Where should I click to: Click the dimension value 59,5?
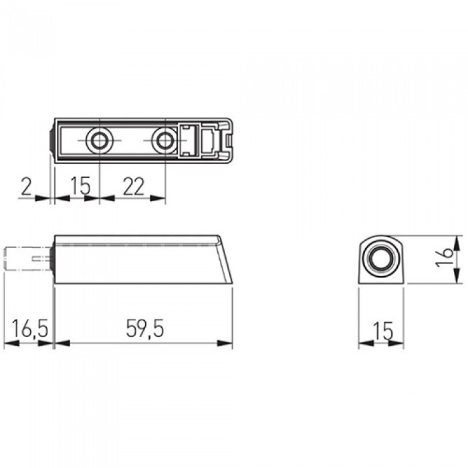[145, 329]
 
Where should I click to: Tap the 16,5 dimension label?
[30, 329]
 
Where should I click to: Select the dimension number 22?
[134, 187]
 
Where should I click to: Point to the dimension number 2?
[26, 187]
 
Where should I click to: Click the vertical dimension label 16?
[445, 257]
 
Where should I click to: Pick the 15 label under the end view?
[384, 331]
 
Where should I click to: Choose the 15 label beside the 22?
[81, 186]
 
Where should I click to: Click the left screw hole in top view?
[100, 140]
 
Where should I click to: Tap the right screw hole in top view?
[165, 140]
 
